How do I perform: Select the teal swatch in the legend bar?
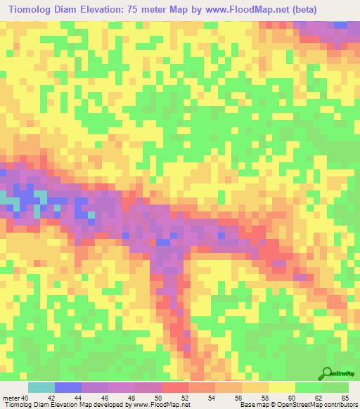coord(41,387)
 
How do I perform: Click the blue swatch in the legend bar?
coord(68,387)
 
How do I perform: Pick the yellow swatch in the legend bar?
coord(281,387)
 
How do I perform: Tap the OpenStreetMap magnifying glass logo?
coord(327,373)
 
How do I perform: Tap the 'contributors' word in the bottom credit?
coord(340,405)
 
